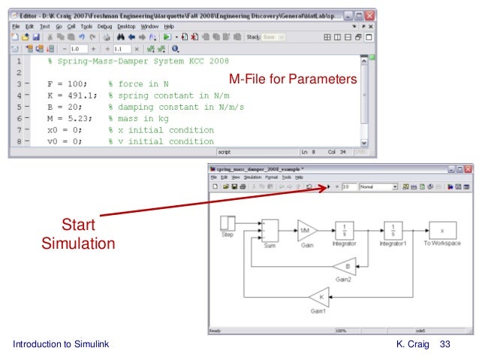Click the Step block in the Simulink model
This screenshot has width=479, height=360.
point(227,223)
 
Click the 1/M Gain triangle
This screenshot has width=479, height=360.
point(306,228)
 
